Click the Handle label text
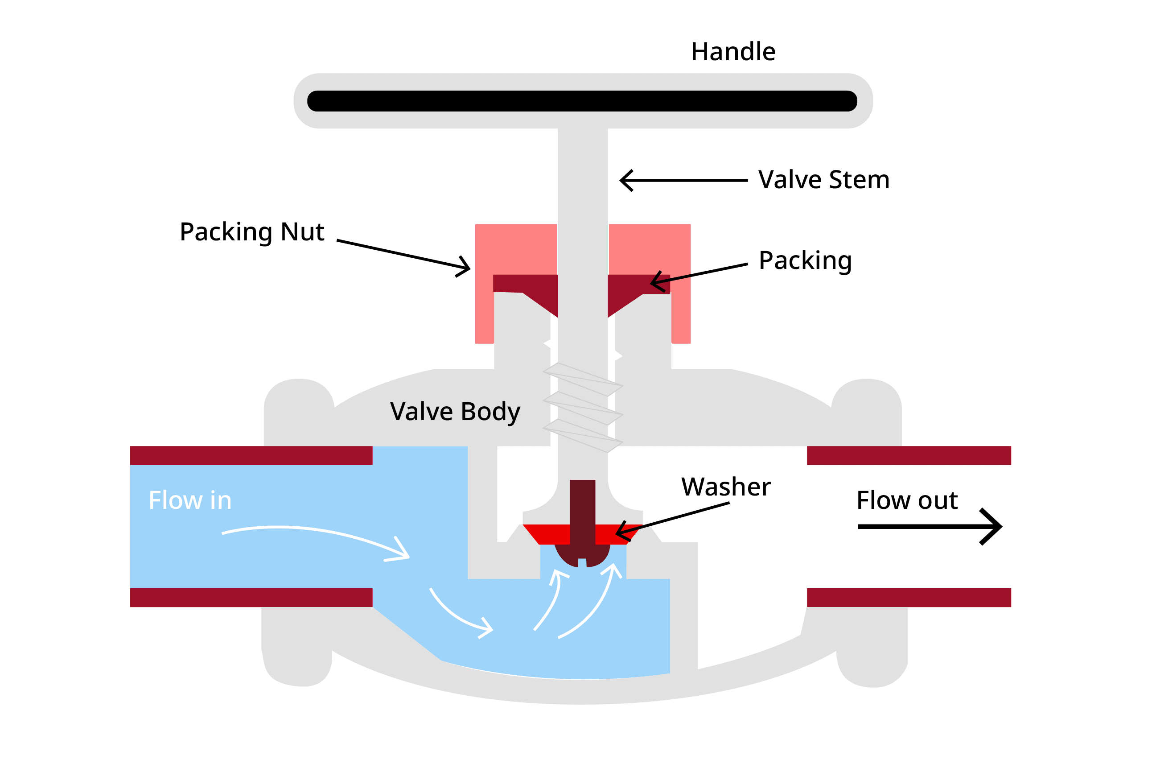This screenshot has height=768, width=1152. (732, 51)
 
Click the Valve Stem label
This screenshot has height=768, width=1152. (823, 179)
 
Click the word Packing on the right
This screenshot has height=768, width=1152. (804, 260)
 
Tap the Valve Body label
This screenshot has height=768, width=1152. (454, 411)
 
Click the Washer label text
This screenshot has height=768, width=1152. (725, 487)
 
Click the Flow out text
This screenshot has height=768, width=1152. (907, 500)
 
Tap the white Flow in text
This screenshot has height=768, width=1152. (190, 500)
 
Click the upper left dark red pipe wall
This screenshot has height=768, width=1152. (251, 455)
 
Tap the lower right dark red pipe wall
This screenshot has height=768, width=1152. (908, 598)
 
